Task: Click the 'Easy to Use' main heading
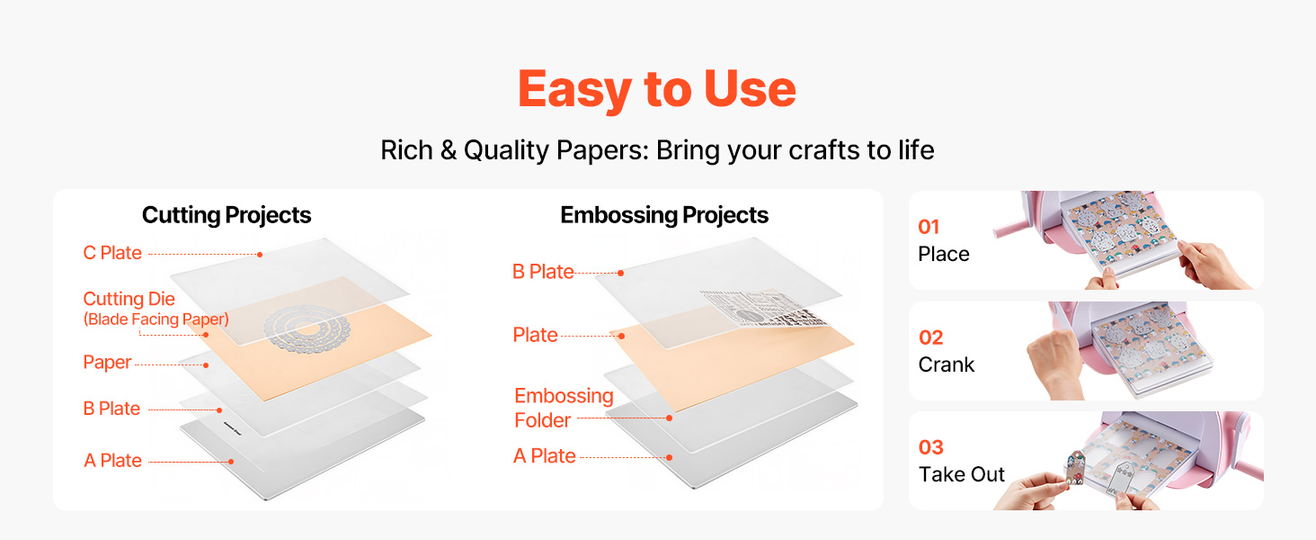[x=657, y=89]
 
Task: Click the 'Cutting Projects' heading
[x=227, y=215]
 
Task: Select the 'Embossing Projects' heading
[x=664, y=215]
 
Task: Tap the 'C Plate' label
[x=112, y=253]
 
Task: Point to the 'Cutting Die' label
[x=129, y=299]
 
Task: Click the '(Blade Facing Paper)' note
[x=156, y=319]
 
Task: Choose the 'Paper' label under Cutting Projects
[x=107, y=363]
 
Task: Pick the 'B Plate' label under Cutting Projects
[x=111, y=409]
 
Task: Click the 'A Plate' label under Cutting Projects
[x=112, y=461]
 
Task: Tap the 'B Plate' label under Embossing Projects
[x=543, y=272]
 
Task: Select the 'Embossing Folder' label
[x=564, y=409]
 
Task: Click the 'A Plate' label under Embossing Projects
[x=544, y=456]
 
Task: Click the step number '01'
[x=929, y=227]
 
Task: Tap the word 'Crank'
[x=946, y=364]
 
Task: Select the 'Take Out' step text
[x=962, y=474]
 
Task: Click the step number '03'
[x=931, y=447]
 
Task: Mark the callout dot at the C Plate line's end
[x=260, y=255]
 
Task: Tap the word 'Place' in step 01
[x=944, y=254]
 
